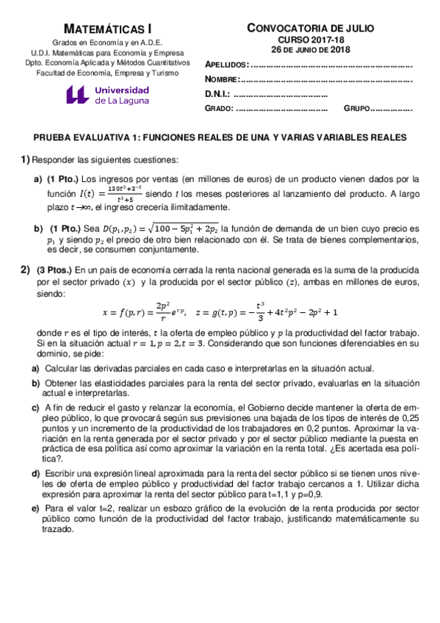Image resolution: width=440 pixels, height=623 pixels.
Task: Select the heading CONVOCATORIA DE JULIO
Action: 310,28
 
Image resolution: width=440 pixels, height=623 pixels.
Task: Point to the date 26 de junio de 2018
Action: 310,50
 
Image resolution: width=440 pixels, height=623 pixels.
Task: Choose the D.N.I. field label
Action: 217,94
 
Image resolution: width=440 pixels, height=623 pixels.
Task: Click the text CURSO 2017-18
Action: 310,40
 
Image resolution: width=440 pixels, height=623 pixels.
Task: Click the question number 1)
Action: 25,159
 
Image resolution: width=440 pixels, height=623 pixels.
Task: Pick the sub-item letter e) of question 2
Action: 35,508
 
